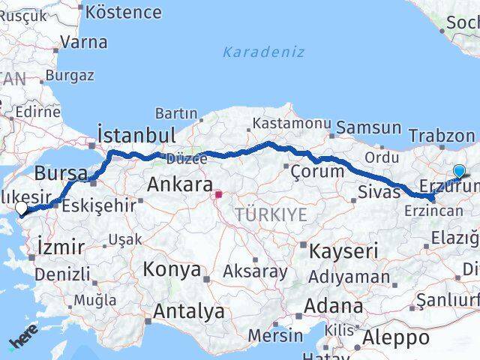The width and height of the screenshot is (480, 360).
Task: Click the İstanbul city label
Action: pos(136,135)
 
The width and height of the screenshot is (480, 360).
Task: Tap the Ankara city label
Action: pos(180,184)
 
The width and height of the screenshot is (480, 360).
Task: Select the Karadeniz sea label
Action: pos(263,52)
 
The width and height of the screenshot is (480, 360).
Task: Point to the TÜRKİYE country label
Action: pos(271,214)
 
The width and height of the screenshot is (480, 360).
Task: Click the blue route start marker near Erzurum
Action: pos(459,172)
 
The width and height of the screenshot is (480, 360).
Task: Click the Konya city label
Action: pos(172,269)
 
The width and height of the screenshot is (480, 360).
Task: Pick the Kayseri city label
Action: pos(343,250)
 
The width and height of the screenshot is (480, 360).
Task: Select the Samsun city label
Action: pos(368,127)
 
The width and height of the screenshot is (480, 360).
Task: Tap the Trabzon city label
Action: pos(442,136)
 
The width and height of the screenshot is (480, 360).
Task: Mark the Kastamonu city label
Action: pos(291,122)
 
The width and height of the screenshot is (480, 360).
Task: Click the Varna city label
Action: pos(82,42)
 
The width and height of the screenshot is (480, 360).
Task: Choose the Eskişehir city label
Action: pos(99,204)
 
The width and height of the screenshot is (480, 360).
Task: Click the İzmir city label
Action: pos(56,245)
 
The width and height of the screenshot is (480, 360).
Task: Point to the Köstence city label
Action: pos(124,12)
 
